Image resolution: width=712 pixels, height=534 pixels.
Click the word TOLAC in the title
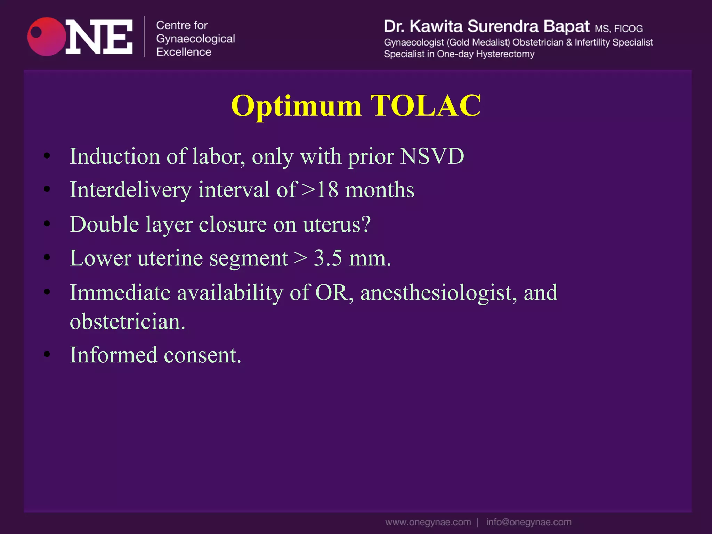point(426,106)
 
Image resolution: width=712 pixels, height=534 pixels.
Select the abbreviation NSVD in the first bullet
point(432,156)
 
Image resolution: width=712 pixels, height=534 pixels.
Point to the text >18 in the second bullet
point(320,190)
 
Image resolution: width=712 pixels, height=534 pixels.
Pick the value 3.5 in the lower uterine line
point(328,258)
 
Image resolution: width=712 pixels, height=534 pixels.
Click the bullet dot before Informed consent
point(47,355)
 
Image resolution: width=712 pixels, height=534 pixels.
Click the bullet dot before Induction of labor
point(47,156)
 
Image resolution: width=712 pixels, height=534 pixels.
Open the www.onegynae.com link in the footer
point(428,522)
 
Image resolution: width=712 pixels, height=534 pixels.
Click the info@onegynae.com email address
point(528,522)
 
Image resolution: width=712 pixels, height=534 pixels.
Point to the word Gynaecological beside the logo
point(195,39)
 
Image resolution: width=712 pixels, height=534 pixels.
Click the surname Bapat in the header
point(566,26)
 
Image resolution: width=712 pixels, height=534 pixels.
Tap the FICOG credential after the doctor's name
point(628,29)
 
